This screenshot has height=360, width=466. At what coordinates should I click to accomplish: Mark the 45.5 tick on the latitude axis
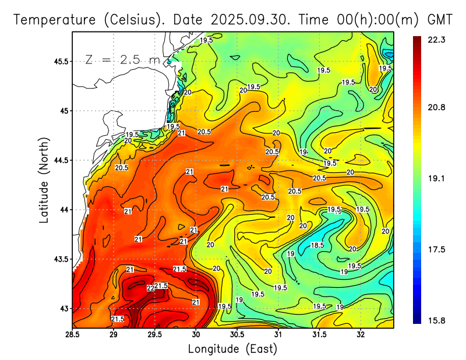(60, 61)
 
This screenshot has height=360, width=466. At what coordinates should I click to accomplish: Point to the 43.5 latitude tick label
(60, 259)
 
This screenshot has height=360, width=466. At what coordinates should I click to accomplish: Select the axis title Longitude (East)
(232, 348)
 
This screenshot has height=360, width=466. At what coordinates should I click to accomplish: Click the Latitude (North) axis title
(44, 179)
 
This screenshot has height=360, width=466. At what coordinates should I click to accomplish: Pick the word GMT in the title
(440, 19)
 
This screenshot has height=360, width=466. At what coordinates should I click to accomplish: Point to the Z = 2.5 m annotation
(122, 59)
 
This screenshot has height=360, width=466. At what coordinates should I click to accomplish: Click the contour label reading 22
(150, 288)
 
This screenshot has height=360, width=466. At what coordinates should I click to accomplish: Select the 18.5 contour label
(317, 245)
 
